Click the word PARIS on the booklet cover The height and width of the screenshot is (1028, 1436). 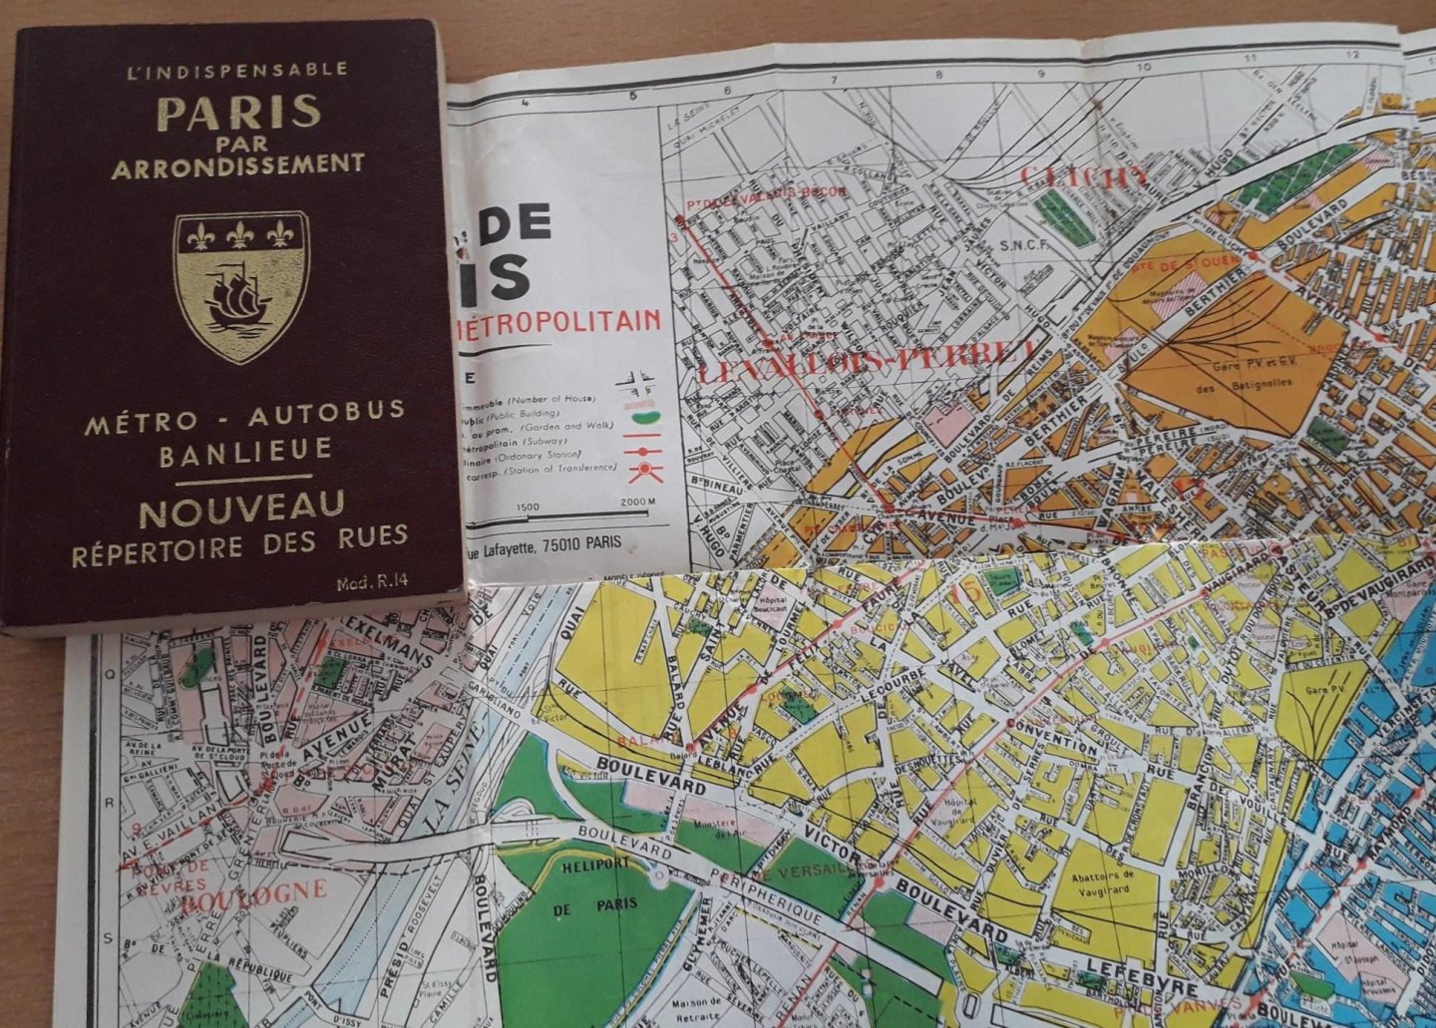click(238, 112)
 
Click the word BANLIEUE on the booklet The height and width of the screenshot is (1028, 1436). click(246, 450)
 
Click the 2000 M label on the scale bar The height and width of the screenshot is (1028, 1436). click(638, 502)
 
